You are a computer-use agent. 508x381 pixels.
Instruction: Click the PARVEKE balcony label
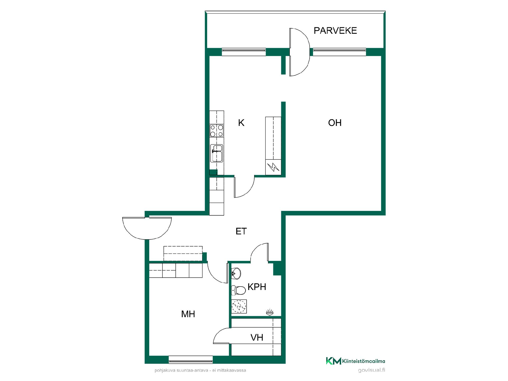point(335,31)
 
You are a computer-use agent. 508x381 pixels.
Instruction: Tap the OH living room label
point(335,123)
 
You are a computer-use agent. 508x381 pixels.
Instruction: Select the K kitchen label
point(241,123)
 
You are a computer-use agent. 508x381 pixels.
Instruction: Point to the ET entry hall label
point(241,231)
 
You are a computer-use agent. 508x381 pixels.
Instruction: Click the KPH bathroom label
point(257,287)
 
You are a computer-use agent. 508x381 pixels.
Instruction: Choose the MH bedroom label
point(188,314)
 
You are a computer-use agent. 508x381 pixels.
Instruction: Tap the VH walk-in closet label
point(257,338)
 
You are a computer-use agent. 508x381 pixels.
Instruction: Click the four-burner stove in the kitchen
point(217,131)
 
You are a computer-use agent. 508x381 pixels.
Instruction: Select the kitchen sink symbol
point(217,153)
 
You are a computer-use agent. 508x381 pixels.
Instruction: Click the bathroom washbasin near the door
point(236,273)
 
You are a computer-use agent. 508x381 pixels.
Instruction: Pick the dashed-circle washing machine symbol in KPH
point(239,306)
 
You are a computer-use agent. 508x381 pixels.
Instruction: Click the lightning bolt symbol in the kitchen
point(273,167)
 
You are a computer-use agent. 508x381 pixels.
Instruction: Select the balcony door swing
point(300,52)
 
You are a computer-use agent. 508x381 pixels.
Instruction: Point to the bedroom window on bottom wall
point(190,360)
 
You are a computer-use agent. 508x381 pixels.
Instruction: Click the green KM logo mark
point(333,361)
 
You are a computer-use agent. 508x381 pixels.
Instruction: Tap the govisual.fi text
point(371,370)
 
